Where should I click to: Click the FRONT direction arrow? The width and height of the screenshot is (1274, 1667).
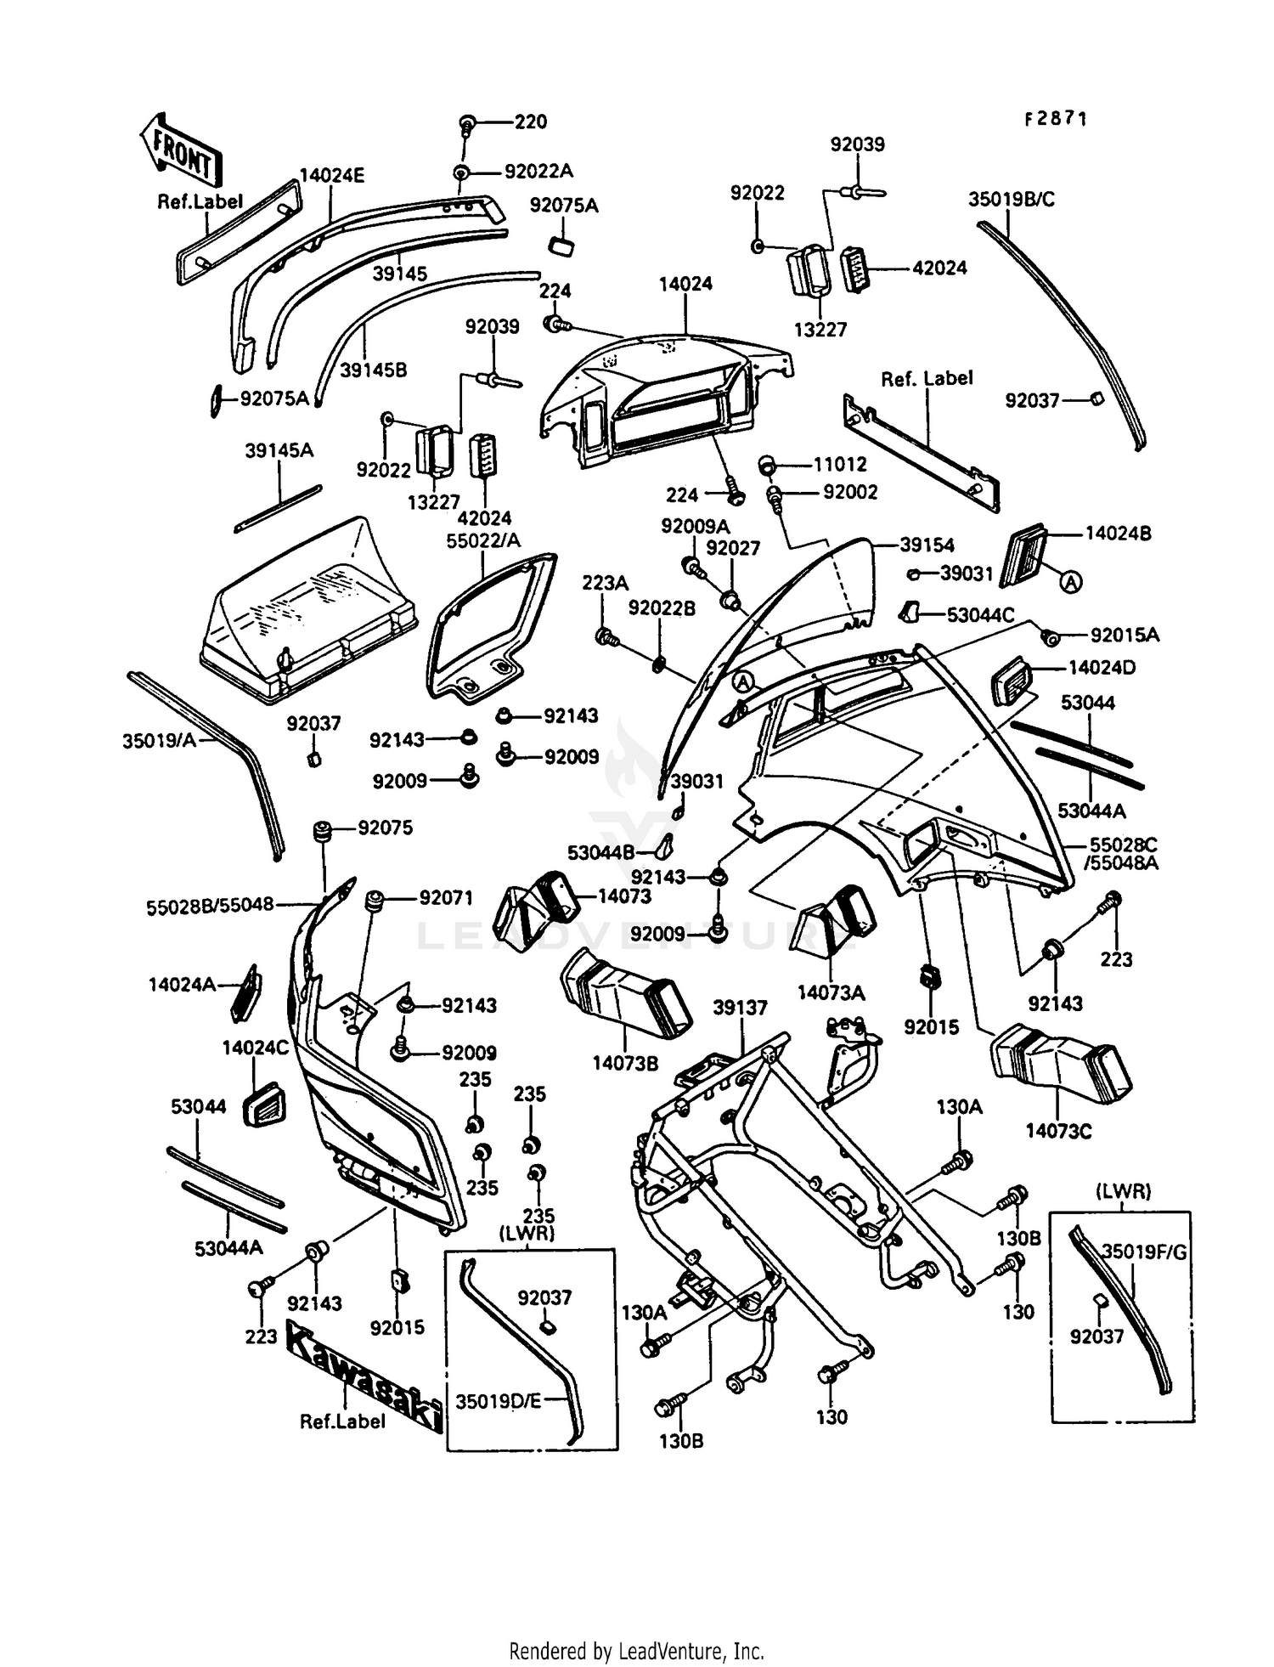click(x=181, y=150)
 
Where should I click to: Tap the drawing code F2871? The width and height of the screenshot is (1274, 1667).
click(x=1055, y=119)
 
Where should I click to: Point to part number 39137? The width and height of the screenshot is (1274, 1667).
click(x=740, y=1008)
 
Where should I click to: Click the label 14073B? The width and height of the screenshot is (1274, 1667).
click(x=625, y=1063)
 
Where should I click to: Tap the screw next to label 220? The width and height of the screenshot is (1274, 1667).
click(x=467, y=125)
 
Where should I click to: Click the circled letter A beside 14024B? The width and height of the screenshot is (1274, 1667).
click(x=1071, y=581)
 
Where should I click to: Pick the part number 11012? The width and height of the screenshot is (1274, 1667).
click(x=840, y=464)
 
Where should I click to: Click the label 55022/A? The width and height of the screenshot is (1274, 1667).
click(x=483, y=540)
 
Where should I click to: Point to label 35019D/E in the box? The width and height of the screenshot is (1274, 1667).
click(x=498, y=1401)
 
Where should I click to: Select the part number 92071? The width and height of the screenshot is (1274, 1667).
click(x=446, y=898)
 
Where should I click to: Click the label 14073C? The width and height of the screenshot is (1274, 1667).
click(x=1058, y=1131)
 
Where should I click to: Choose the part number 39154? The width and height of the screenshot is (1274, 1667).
click(x=927, y=545)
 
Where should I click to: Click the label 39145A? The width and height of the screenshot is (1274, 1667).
click(x=279, y=450)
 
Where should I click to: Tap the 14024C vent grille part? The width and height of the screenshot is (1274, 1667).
click(x=263, y=1105)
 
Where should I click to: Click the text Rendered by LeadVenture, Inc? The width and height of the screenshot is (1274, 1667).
click(x=636, y=1651)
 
